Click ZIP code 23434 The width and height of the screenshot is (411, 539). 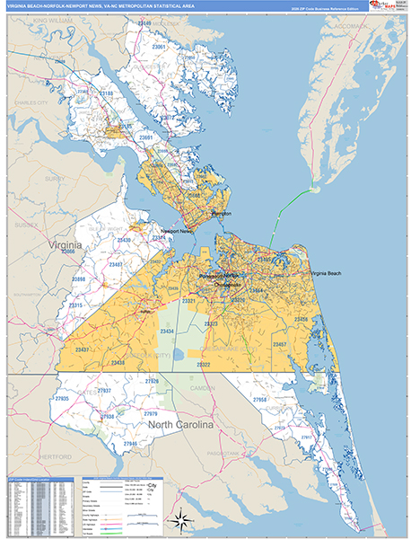(167, 331)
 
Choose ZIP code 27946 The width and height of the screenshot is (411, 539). (131, 444)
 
